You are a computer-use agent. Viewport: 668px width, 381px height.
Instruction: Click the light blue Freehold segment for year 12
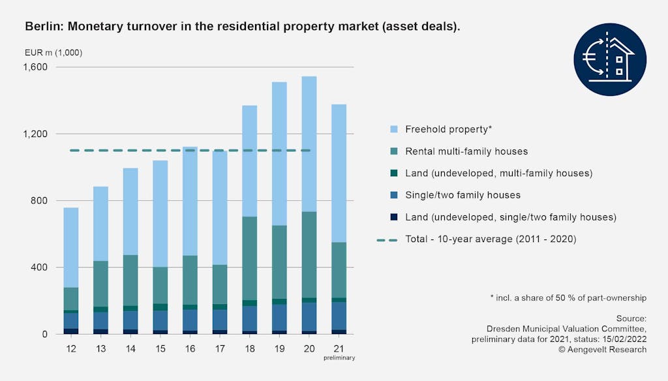pos(71,247)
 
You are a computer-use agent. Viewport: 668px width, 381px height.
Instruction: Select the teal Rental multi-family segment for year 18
pos(249,258)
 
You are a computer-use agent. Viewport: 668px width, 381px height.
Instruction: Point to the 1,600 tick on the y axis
pos(35,67)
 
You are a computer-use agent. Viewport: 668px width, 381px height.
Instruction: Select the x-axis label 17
pos(219,349)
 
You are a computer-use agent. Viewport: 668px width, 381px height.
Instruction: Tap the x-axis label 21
pos(339,349)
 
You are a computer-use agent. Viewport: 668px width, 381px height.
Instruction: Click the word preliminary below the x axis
pos(339,358)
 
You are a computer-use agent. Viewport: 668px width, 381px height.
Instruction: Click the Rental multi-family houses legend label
pos(466,151)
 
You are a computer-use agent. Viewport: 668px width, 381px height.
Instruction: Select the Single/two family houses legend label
pos(463,195)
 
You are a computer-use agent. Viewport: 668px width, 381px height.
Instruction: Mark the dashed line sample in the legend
pos(386,239)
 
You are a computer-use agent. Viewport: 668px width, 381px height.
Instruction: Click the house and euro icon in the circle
pos(610,59)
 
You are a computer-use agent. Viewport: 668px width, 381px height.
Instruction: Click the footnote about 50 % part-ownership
pos(568,297)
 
